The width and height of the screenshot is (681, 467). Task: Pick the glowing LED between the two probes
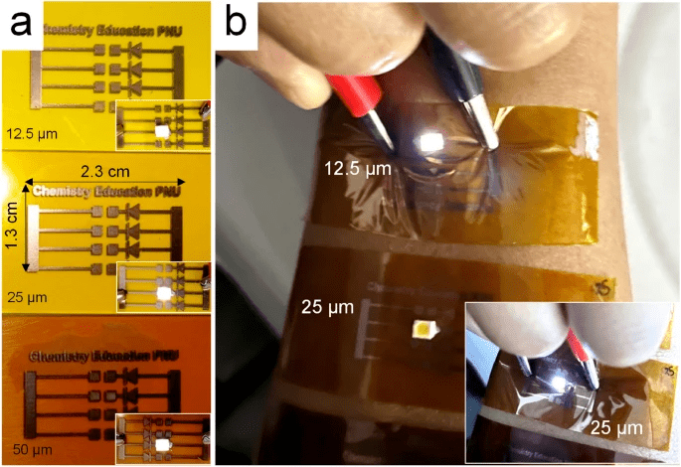(435, 142)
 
